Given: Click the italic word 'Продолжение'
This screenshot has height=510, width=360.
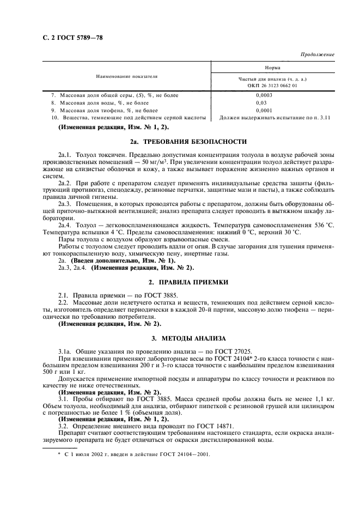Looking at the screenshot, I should pyautogui.click(x=317, y=55).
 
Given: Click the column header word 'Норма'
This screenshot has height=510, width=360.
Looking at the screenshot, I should pyautogui.click(x=272, y=68).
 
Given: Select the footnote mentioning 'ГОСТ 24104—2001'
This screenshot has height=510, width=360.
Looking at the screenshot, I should pyautogui.click(x=134, y=453).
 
